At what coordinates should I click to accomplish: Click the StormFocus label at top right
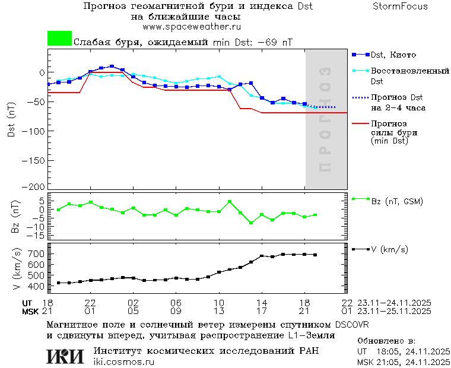coord(400,7)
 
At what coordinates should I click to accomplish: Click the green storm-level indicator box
coord(59,39)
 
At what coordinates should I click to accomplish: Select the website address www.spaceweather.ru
coord(191,27)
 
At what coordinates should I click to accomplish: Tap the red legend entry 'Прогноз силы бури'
coord(394,132)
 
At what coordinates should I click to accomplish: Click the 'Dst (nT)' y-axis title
coord(11,121)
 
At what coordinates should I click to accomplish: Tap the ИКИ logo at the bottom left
coord(65,356)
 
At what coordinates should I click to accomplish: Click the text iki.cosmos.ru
coord(124,362)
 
